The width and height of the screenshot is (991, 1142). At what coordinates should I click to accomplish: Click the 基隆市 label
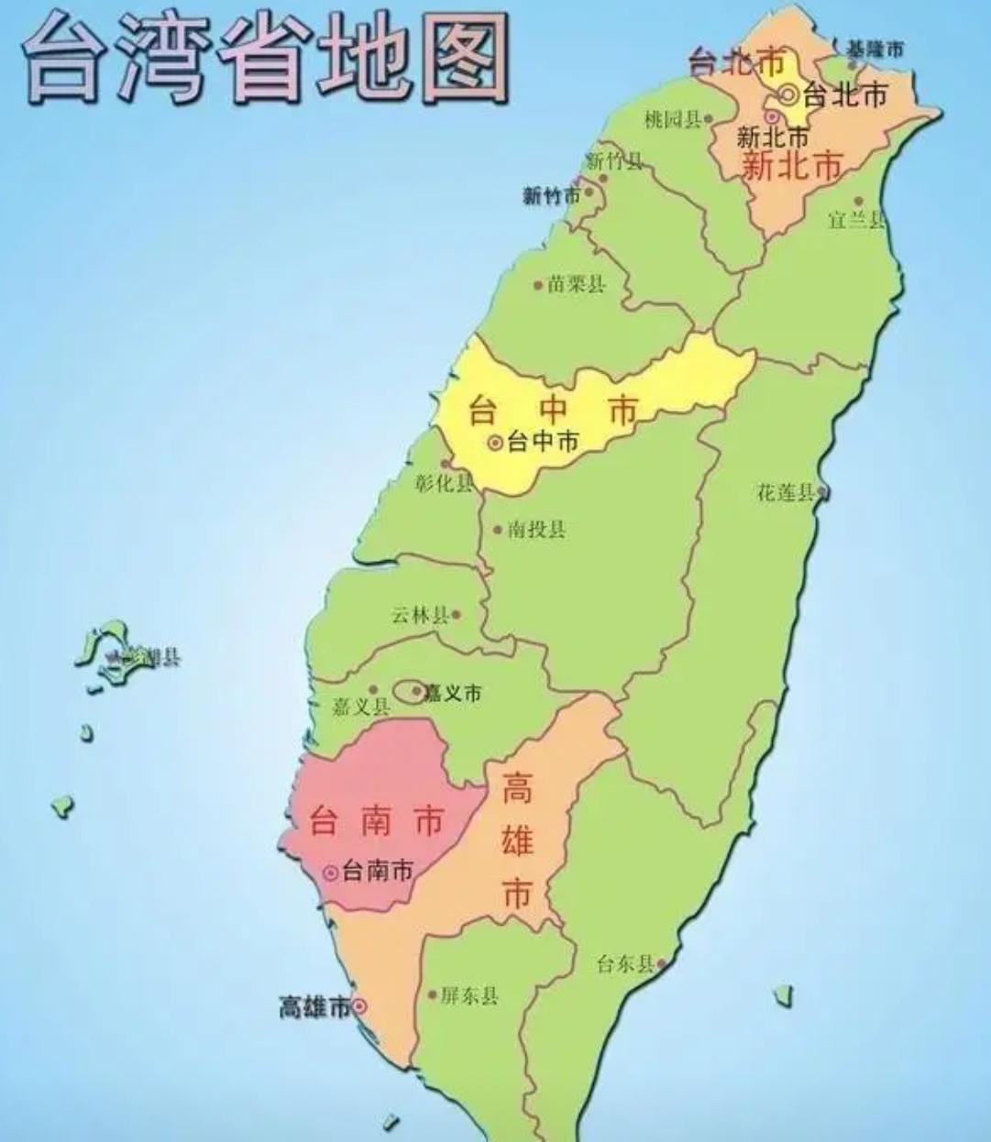click(x=873, y=49)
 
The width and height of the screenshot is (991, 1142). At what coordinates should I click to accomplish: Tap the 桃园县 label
click(x=673, y=119)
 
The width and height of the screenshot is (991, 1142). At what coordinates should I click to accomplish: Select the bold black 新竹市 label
click(x=552, y=195)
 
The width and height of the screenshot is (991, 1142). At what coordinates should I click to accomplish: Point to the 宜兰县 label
click(x=856, y=219)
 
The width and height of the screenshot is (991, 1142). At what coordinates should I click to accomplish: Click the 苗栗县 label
click(x=577, y=284)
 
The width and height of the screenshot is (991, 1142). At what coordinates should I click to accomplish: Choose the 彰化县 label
click(x=444, y=483)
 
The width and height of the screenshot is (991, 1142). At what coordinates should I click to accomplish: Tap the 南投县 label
click(x=536, y=529)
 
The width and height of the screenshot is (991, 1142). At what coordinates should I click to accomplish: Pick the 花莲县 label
click(x=786, y=492)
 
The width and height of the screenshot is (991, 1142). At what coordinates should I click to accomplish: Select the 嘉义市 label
click(x=452, y=693)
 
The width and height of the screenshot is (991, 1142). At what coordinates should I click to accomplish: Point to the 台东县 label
click(x=625, y=963)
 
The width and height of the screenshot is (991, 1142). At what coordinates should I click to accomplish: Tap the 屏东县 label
click(x=468, y=995)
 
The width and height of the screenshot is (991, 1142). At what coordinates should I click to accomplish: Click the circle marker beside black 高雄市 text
click(x=359, y=1006)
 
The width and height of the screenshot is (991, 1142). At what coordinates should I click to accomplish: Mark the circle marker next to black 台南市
click(x=330, y=873)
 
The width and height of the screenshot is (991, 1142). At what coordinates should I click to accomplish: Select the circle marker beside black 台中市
click(x=495, y=443)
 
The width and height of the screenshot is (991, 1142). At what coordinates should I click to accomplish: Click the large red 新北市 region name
click(x=791, y=167)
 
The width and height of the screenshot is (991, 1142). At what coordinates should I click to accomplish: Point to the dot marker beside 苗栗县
click(x=538, y=285)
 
